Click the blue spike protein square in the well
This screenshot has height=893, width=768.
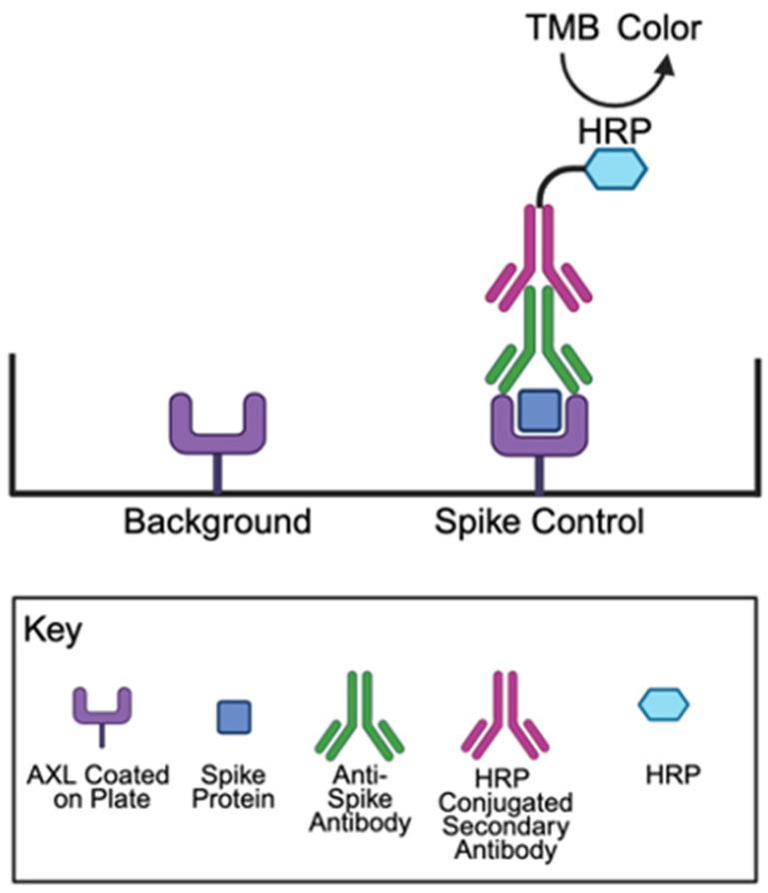(539, 408)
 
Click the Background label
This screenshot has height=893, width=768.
(217, 521)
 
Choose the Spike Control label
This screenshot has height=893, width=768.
(539, 521)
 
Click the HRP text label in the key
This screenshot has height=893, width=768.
(664, 775)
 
